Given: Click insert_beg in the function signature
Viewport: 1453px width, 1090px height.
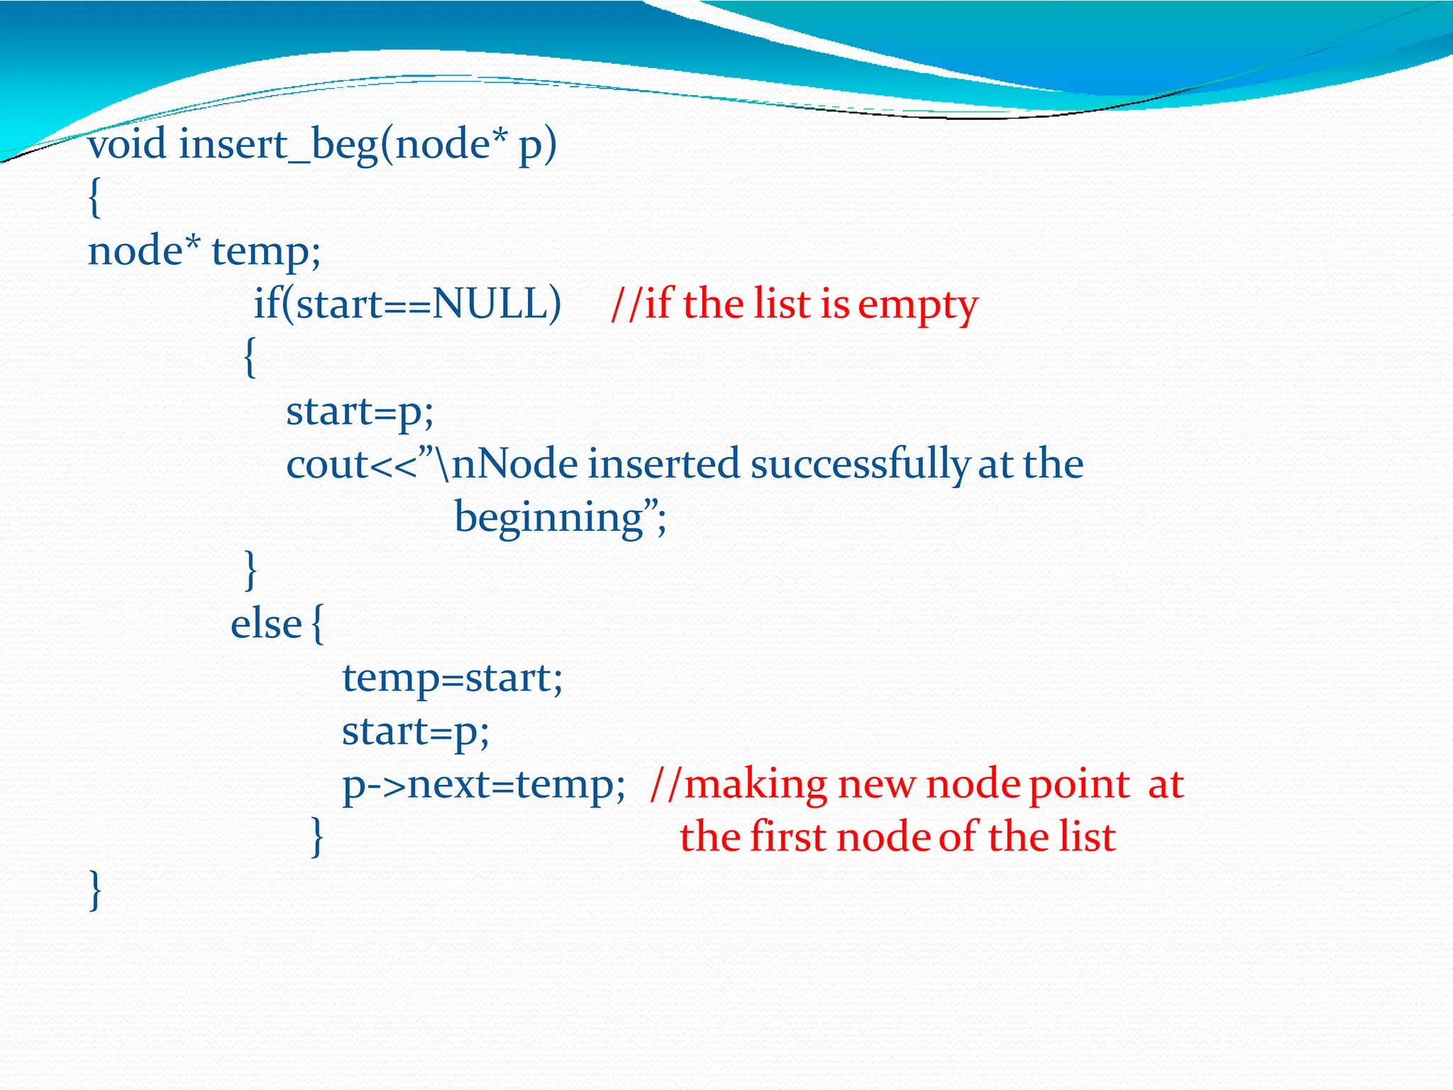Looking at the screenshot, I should [278, 145].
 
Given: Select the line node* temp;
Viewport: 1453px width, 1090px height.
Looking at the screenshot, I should [204, 252].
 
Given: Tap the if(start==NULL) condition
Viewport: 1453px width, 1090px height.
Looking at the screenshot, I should [407, 304].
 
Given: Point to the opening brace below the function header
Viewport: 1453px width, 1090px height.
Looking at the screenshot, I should [95, 198].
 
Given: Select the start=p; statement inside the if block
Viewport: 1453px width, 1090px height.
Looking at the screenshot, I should [360, 412].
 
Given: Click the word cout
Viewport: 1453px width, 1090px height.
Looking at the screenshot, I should [327, 465].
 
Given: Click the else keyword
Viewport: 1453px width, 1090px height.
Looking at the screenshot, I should [266, 624].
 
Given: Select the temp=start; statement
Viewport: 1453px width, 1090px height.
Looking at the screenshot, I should [452, 678].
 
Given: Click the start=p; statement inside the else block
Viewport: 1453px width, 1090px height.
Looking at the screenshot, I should [416, 732].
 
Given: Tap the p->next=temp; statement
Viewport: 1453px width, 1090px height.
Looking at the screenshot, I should [483, 785].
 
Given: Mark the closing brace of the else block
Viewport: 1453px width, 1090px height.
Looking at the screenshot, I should [317, 837].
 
